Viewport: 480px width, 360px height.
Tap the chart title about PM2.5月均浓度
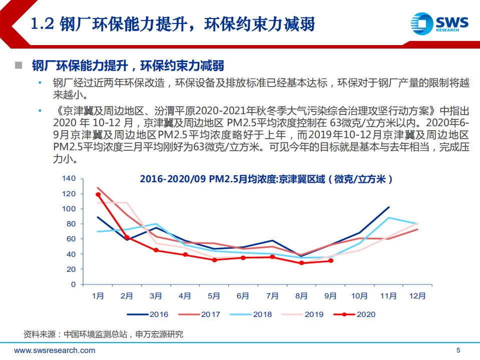pyautogui.click(x=266, y=179)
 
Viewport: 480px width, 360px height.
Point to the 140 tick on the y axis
pyautogui.click(x=69, y=179)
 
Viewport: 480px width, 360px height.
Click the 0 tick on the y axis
pyautogui.click(x=73, y=284)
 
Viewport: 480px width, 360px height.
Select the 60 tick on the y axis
pyautogui.click(x=71, y=239)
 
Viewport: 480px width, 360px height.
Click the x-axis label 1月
pyautogui.click(x=98, y=296)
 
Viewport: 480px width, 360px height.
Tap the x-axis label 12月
pyautogui.click(x=417, y=296)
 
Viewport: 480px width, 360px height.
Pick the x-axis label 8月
pyautogui.click(x=301, y=296)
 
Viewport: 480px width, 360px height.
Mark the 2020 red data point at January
pyautogui.click(x=98, y=194)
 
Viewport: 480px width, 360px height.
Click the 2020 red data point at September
pyautogui.click(x=330, y=261)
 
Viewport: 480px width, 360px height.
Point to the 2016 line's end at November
pyautogui.click(x=388, y=207)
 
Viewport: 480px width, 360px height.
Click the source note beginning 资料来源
pyautogui.click(x=103, y=334)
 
